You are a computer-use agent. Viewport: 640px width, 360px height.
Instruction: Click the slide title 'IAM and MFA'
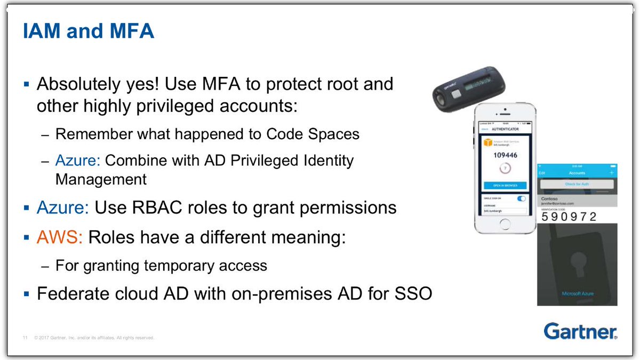pos(88,31)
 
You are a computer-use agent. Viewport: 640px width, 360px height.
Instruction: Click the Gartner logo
pos(580,331)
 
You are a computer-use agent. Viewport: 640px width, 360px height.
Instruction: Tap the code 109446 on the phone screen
pos(505,155)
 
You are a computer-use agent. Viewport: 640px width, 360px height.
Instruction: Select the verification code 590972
pos(569,217)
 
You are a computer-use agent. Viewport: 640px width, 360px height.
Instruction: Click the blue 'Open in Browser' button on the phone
pos(505,185)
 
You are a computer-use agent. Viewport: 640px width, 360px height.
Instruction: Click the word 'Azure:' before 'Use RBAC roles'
pos(63,207)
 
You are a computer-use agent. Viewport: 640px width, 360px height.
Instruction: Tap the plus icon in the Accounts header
pos(611,173)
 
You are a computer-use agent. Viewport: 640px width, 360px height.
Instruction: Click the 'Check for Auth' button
pos(576,184)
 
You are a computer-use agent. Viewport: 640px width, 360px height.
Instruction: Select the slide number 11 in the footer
pos(25,338)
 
